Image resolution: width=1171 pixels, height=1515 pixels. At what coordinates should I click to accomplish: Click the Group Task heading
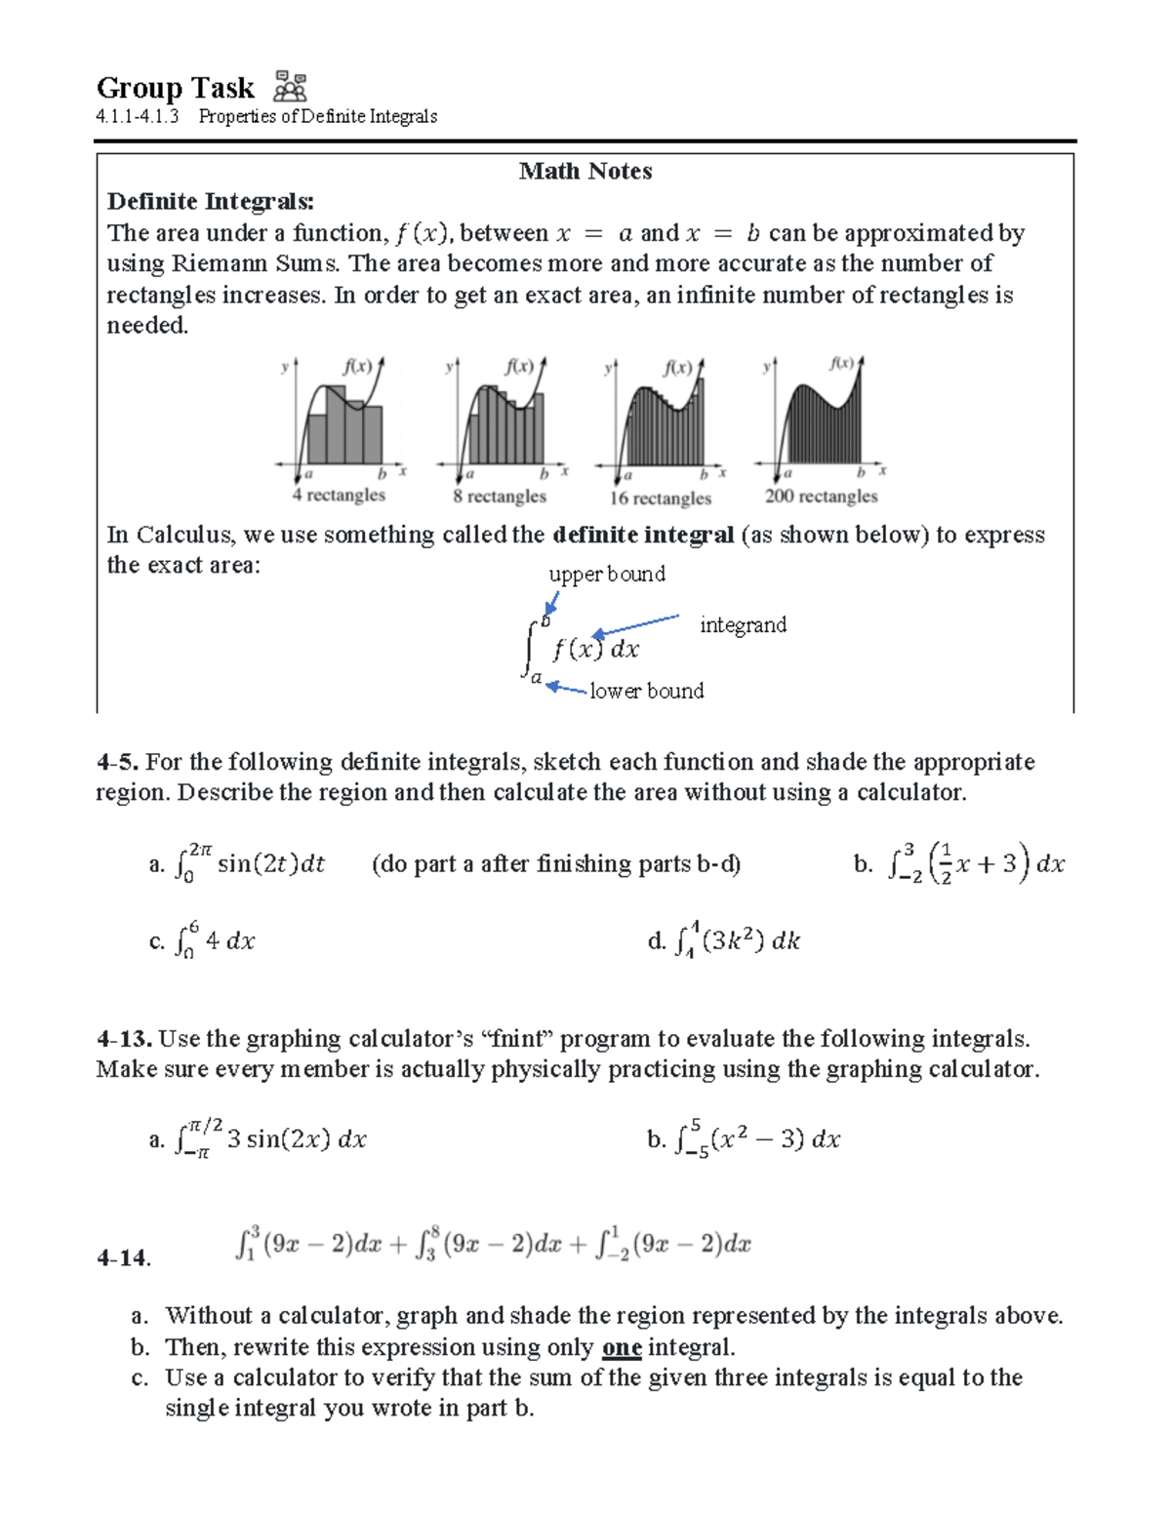175,89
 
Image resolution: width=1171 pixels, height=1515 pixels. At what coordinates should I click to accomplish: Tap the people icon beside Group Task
290,87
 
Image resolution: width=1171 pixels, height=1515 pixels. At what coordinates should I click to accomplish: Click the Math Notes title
585,172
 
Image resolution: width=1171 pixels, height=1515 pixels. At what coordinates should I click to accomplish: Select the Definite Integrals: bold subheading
211,202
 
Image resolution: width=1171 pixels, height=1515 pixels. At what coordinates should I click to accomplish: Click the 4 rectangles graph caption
339,496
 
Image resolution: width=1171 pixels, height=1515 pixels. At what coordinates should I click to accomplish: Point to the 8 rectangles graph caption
499,497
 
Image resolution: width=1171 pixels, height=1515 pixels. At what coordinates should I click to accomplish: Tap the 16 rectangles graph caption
661,498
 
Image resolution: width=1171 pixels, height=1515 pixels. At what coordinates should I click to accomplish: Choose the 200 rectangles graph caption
821,497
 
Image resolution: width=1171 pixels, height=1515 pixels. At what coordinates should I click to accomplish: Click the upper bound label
607,575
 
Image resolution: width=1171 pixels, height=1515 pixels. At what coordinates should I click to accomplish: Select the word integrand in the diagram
743,625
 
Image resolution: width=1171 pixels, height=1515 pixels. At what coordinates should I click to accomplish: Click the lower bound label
646,692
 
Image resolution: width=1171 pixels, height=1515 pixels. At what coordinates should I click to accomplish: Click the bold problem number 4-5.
119,762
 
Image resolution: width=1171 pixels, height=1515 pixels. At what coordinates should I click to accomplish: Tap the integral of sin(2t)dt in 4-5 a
250,862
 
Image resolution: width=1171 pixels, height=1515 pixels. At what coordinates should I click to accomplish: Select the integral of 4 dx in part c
215,940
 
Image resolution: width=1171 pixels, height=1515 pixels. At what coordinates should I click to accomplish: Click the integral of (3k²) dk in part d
738,940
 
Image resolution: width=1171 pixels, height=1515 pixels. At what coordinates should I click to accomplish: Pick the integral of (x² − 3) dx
757,1138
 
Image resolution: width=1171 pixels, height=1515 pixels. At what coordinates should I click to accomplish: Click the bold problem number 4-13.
125,1039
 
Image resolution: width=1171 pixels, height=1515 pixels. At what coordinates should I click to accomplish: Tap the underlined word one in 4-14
622,1348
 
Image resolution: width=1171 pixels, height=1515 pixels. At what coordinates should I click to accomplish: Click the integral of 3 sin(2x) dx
270,1138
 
